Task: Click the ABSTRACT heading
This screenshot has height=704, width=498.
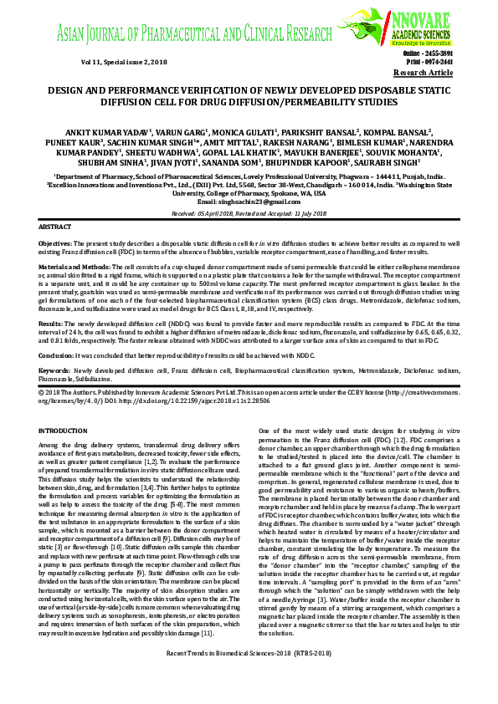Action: click(x=56, y=227)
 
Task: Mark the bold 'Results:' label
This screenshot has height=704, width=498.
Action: click(x=51, y=321)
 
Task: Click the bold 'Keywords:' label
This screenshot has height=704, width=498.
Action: click(x=56, y=369)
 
